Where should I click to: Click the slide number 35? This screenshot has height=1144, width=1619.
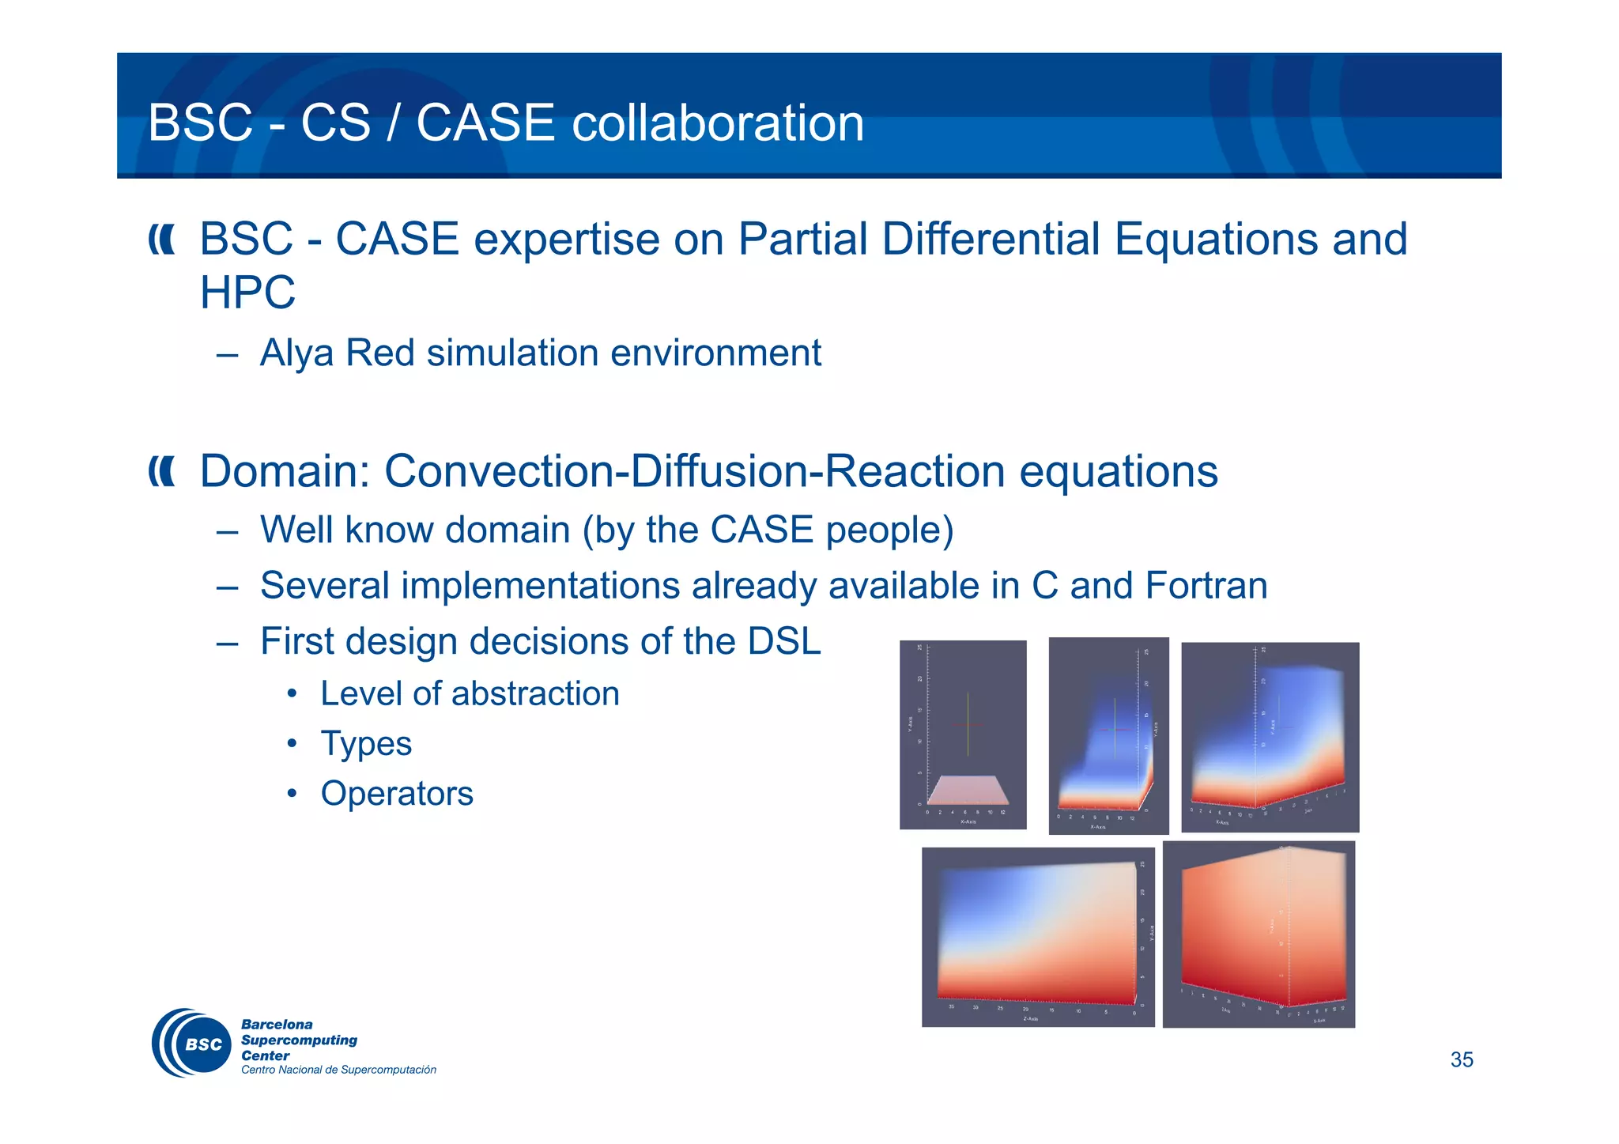pyautogui.click(x=1461, y=1059)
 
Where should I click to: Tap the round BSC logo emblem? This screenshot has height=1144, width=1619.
pyautogui.click(x=191, y=1043)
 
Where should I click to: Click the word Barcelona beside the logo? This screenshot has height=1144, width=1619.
pyautogui.click(x=277, y=1025)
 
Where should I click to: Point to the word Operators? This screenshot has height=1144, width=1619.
pyautogui.click(x=397, y=794)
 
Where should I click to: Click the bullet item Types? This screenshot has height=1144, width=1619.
pyautogui.click(x=366, y=744)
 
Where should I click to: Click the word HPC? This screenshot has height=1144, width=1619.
pyautogui.click(x=247, y=293)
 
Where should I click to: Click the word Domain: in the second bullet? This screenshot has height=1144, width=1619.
pyautogui.click(x=285, y=471)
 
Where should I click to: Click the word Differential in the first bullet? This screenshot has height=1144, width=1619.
pyautogui.click(x=991, y=239)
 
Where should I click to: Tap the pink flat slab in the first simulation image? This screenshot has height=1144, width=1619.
pyautogui.click(x=967, y=790)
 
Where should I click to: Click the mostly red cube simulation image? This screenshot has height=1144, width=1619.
pyautogui.click(x=1259, y=933)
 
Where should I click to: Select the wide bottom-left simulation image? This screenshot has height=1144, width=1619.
pyautogui.click(x=1037, y=937)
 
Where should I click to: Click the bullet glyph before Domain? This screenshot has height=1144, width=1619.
pyautogui.click(x=161, y=472)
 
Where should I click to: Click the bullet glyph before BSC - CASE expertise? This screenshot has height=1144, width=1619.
pyautogui.click(x=161, y=240)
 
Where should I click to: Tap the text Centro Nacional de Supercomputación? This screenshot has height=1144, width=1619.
pyautogui.click(x=338, y=1070)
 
